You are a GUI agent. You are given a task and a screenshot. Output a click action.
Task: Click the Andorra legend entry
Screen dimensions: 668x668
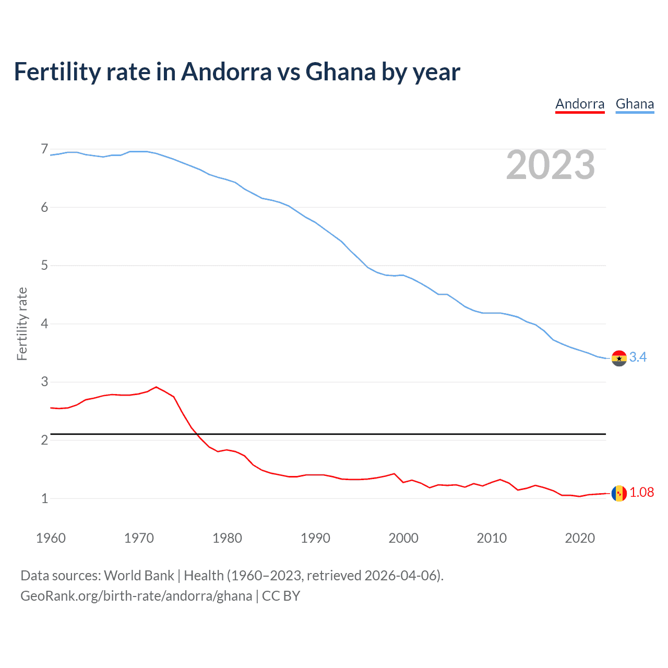(580, 104)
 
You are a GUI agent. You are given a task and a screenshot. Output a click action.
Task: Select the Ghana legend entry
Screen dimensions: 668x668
(635, 104)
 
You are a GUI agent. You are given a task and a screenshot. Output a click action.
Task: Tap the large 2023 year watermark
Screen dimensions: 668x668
(551, 165)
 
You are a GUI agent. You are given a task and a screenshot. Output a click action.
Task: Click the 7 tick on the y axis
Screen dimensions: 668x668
(44, 149)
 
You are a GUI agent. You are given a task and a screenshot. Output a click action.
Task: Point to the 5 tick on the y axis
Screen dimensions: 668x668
(44, 266)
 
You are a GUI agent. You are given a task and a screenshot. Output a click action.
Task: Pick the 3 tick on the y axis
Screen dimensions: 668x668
(44, 382)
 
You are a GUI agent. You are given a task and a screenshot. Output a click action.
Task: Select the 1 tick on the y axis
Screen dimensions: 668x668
(44, 498)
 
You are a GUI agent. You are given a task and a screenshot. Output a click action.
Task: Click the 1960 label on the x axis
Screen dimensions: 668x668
(51, 538)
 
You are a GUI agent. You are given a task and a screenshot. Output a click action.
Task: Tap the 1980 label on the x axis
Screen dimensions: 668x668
(227, 538)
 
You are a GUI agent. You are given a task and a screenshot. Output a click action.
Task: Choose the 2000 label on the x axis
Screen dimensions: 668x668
(403, 538)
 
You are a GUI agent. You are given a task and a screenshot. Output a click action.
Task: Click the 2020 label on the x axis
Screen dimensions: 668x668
(580, 538)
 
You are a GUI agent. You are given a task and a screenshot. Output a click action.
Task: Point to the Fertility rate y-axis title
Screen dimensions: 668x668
(22, 324)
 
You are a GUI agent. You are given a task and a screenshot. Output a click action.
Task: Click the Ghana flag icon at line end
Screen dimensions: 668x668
(619, 359)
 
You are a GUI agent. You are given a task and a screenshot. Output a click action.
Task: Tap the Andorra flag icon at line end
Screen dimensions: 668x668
(619, 493)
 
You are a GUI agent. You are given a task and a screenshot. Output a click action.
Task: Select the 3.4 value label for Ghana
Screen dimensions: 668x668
(638, 357)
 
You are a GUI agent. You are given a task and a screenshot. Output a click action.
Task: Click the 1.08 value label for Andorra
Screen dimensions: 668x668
(641, 492)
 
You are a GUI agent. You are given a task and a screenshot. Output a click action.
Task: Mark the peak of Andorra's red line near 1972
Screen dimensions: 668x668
(156, 387)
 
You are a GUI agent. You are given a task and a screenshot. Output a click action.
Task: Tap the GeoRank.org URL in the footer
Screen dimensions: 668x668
(136, 596)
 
